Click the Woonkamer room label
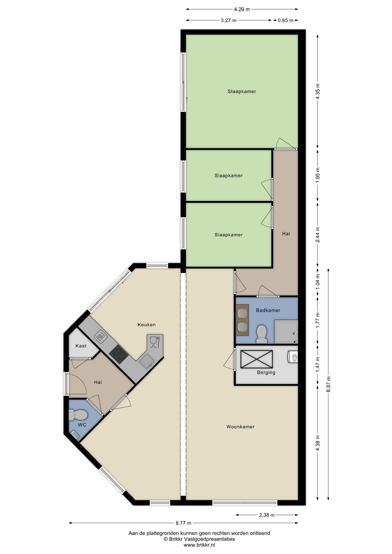[240, 427]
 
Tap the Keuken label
[147, 325]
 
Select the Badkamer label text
[268, 310]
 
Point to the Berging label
[266, 373]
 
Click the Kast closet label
[81, 346]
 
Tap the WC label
[82, 425]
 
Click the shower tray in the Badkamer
[286, 332]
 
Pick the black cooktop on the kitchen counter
[119, 354]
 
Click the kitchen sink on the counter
[147, 361]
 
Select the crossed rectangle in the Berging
[257, 359]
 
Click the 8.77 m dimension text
[183, 523]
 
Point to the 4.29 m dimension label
[242, 9]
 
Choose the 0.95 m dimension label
[285, 20]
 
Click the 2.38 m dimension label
[267, 515]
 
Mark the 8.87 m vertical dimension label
[328, 384]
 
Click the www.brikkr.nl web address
[199, 545]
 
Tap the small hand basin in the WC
[74, 435]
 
